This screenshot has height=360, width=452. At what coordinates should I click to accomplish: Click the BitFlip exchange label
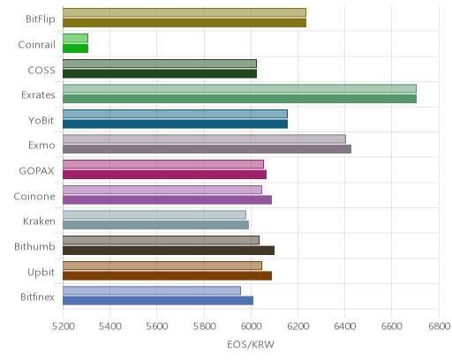tap(41, 19)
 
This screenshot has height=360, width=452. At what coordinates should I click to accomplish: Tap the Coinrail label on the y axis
tap(36, 44)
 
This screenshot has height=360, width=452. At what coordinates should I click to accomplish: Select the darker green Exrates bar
tap(239, 99)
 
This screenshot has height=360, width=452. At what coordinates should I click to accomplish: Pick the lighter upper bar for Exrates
tap(239, 88)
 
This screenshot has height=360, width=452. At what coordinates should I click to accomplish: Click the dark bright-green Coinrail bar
tap(75, 49)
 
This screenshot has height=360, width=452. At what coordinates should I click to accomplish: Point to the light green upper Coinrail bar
tap(75, 38)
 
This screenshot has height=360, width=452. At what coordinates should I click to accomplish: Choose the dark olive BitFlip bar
tap(185, 23)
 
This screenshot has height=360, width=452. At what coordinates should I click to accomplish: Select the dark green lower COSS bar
tap(160, 74)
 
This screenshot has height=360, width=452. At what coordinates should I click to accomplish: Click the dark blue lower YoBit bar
tap(175, 124)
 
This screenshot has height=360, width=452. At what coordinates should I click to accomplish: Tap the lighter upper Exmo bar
tap(204, 139)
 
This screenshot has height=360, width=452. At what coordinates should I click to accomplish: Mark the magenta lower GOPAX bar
tap(164, 175)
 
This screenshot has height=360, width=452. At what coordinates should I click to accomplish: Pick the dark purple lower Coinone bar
tap(167, 200)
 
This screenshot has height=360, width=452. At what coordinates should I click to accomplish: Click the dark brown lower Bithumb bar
tap(169, 251)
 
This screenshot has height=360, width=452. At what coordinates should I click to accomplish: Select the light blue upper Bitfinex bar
tap(152, 290)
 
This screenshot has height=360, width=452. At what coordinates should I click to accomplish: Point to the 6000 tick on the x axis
tap(251, 326)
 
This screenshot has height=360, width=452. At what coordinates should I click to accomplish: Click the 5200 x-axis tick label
tap(63, 326)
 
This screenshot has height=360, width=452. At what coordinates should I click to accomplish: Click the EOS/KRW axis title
tap(251, 344)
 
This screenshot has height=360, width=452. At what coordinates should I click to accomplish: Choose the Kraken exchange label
tap(39, 221)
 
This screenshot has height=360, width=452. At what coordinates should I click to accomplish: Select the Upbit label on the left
tap(41, 273)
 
